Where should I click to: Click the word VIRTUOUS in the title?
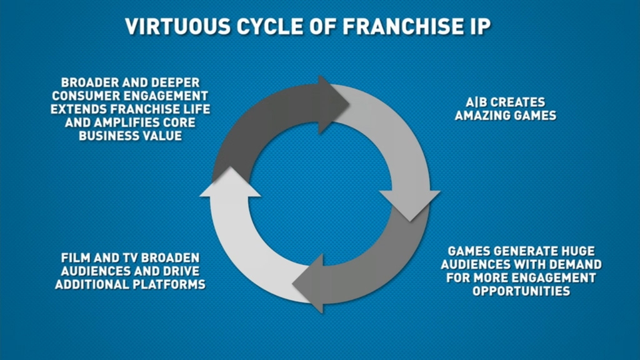tap(178, 26)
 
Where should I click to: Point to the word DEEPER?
tap(176, 82)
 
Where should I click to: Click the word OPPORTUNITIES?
tap(521, 291)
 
